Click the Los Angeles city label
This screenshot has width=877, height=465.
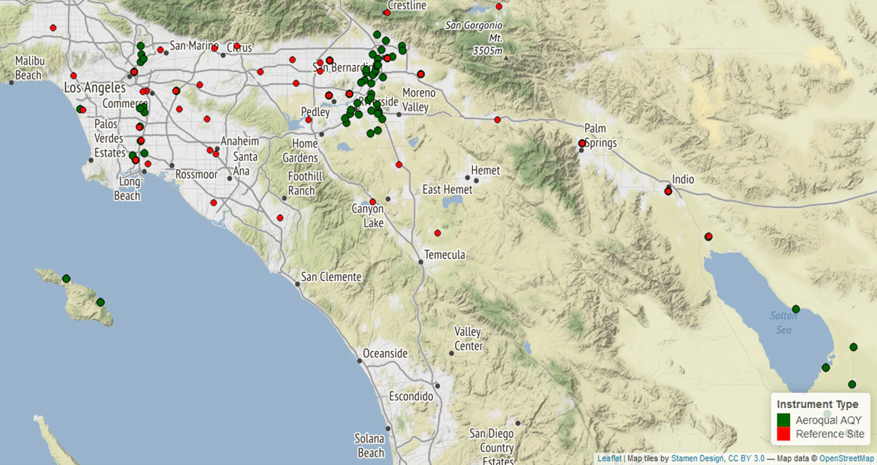coord(94,88)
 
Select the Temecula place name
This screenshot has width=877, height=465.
coord(445,255)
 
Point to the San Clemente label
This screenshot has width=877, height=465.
coord(331,276)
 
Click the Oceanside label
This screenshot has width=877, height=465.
coord(385,353)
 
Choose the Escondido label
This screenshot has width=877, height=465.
coord(411,396)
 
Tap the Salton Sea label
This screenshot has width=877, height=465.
coord(783,322)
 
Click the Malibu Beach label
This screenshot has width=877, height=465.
coord(29,68)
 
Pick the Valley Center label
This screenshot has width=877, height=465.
coord(468,339)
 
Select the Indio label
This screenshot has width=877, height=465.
coord(683,179)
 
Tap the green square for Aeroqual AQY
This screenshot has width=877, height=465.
coord(784,420)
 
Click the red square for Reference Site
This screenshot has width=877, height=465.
coord(784,434)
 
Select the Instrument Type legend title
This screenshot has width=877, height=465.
coord(817,404)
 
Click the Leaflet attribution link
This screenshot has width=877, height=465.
coord(609,459)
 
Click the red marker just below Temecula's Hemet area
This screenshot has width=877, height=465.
coord(438,234)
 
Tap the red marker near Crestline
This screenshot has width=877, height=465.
coord(387,13)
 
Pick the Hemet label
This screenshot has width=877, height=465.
coord(485,170)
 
